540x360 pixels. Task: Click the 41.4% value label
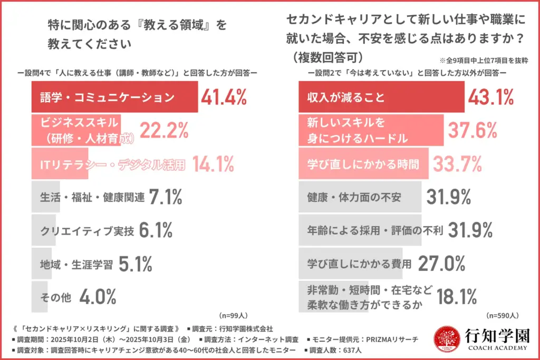[x=224, y=98]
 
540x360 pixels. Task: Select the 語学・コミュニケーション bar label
[x=107, y=98]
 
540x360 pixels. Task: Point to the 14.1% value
[x=213, y=164]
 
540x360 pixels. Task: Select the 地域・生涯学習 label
[x=76, y=264]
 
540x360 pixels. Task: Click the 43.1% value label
[x=490, y=98]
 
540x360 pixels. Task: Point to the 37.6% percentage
[x=472, y=130]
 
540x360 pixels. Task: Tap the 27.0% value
[x=441, y=264]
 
